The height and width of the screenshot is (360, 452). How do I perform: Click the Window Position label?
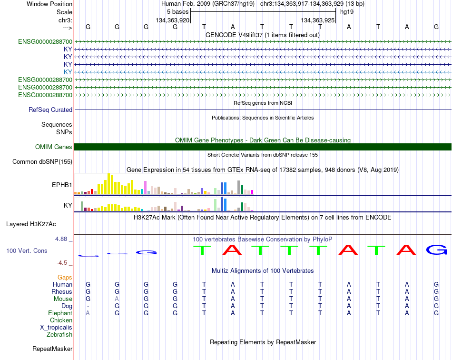pyautogui.click(x=49, y=4)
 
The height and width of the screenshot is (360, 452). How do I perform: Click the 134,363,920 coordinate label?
pyautogui.click(x=172, y=20)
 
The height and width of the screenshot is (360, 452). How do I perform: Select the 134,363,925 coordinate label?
pyautogui.click(x=318, y=20)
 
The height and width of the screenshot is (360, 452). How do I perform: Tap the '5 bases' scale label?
pyautogui.click(x=177, y=12)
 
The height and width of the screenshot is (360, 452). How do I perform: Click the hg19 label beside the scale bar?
pyautogui.click(x=347, y=12)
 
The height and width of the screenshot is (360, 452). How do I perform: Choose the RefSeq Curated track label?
pyautogui.click(x=50, y=110)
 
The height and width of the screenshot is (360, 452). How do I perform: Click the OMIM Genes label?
pyautogui.click(x=54, y=147)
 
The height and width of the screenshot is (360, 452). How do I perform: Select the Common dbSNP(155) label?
pyautogui.click(x=42, y=161)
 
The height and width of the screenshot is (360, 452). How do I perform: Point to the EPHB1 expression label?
pyautogui.click(x=62, y=185)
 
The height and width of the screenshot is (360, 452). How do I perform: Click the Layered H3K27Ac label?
pyautogui.click(x=31, y=224)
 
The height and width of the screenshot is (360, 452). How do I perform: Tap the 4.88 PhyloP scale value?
pyautogui.click(x=61, y=239)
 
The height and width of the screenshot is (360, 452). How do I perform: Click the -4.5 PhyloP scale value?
pyautogui.click(x=62, y=263)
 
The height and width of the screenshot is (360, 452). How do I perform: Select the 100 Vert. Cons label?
pyautogui.click(x=27, y=250)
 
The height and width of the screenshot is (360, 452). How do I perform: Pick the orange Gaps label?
pyautogui.click(x=65, y=277)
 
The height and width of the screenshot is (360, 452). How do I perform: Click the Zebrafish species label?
pyautogui.click(x=59, y=335)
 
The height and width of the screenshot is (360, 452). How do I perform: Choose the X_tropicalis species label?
pyautogui.click(x=56, y=328)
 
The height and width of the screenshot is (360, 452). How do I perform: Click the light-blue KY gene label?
pyautogui.click(x=68, y=72)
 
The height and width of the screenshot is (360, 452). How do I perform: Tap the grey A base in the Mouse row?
pyautogui.click(x=117, y=299)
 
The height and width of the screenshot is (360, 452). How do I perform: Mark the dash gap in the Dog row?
pyautogui.click(x=88, y=306)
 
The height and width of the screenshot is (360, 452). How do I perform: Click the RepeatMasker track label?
pyautogui.click(x=52, y=349)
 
